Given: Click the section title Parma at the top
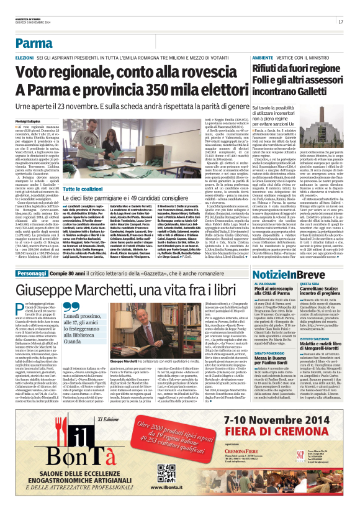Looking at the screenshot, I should (34, 43).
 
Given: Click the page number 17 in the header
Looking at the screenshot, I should (341, 22).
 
